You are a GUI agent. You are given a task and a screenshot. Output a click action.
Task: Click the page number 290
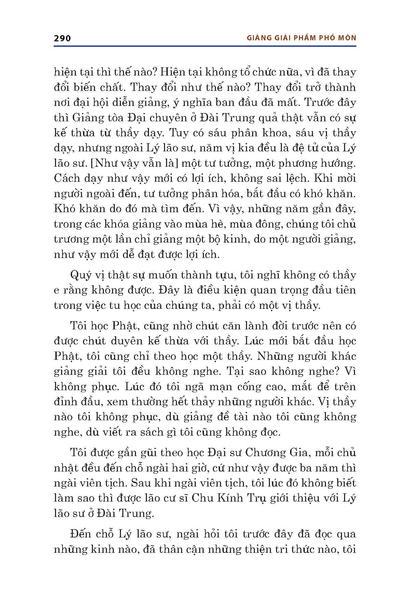coord(62,38)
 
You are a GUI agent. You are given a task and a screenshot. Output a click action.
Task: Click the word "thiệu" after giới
coord(315,498)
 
